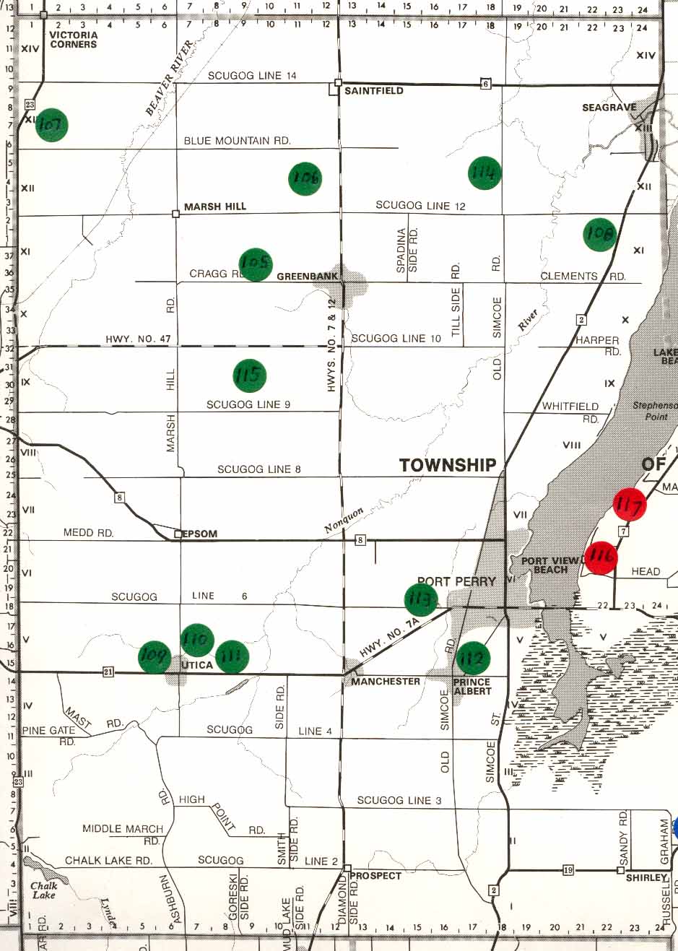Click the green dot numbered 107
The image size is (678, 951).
click(51, 125)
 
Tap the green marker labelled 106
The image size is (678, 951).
click(305, 179)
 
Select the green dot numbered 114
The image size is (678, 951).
click(484, 173)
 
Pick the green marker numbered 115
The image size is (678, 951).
click(249, 375)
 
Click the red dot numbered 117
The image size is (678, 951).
click(629, 505)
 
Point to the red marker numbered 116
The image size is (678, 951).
click(601, 557)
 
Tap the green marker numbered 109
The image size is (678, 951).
click(155, 656)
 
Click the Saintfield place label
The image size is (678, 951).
click(373, 91)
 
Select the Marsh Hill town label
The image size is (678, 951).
click(214, 207)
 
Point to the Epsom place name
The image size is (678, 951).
click(200, 534)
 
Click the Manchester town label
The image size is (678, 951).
click(386, 682)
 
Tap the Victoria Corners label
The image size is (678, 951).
click(74, 40)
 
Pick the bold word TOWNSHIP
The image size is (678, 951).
click(448, 465)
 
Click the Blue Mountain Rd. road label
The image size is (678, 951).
click(237, 141)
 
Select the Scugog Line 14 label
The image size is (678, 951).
click(252, 76)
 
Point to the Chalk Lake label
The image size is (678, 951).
click(44, 890)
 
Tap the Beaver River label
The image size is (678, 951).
click(170, 78)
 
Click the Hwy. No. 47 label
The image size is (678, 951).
click(138, 339)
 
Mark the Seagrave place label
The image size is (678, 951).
click(609, 108)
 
